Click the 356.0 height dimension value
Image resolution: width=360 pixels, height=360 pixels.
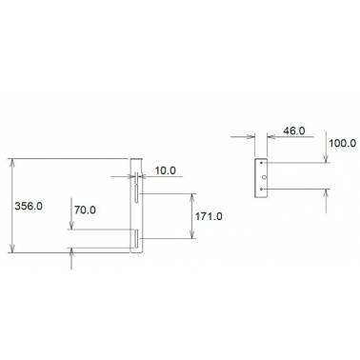(x=29, y=207)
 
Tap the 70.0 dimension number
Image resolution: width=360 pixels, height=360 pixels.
(x=85, y=210)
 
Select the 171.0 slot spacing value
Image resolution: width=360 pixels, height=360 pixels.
(x=209, y=216)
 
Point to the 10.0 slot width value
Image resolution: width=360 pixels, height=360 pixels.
(x=166, y=170)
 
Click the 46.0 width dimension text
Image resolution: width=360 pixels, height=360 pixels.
(x=294, y=130)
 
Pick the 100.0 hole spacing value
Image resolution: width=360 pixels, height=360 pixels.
(x=342, y=143)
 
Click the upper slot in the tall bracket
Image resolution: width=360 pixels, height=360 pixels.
(x=136, y=188)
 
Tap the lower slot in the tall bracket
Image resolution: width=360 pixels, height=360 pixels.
(x=136, y=239)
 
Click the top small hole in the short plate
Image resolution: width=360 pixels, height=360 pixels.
(x=261, y=163)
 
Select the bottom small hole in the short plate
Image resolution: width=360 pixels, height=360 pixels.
(x=261, y=189)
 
